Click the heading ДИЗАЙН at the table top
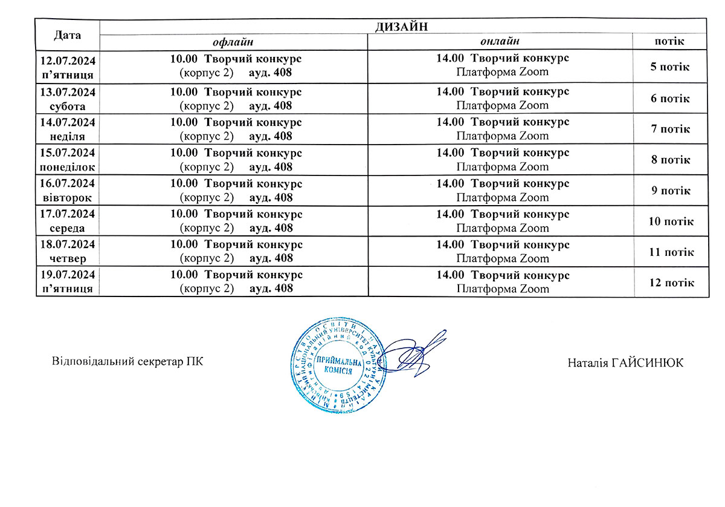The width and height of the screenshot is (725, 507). click(402, 26)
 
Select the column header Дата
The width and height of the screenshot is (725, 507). click(67, 34)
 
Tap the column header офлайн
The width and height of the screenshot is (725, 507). click(233, 42)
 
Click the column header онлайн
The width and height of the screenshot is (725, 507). click(500, 42)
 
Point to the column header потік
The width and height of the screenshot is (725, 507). click(669, 42)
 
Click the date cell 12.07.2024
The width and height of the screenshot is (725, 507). click(67, 61)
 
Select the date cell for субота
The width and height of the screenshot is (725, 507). click(67, 98)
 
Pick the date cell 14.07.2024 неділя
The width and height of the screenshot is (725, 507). click(67, 129)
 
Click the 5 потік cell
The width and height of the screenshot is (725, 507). click(669, 67)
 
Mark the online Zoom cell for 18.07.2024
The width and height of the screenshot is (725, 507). click(503, 252)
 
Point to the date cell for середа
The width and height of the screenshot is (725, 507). click(67, 221)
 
